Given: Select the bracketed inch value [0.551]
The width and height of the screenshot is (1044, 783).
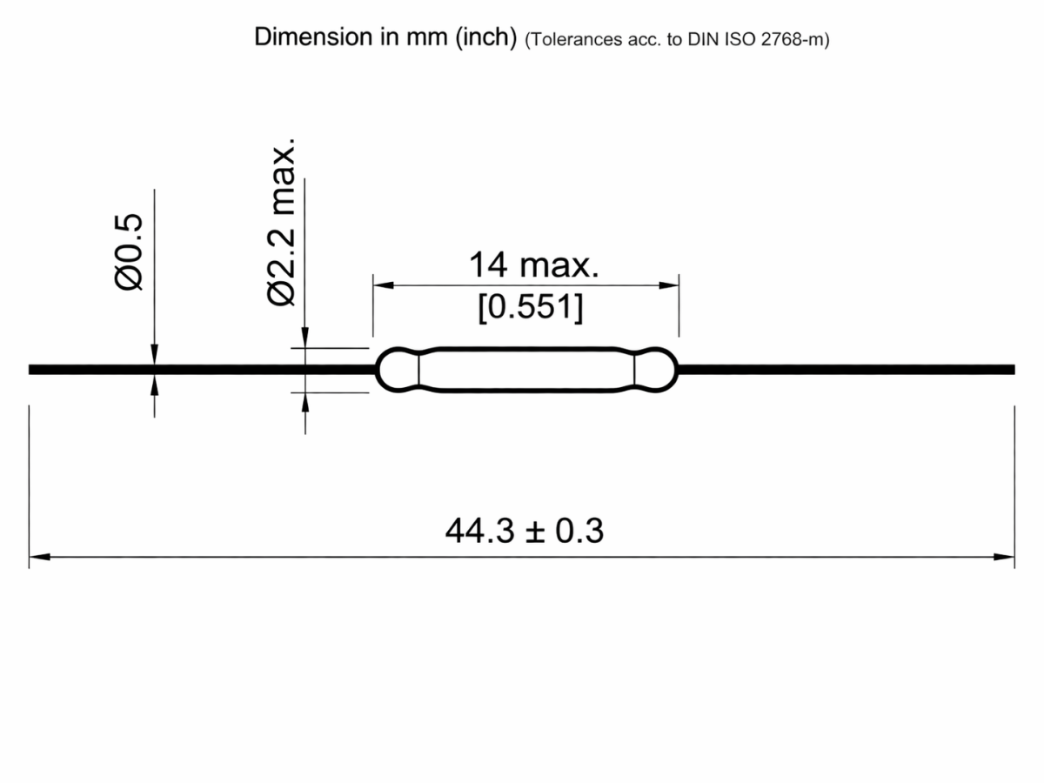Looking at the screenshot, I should point(530,308).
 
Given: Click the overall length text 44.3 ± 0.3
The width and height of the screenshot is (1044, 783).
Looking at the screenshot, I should point(524,531).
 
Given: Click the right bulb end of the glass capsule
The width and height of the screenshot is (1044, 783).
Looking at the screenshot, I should point(656,370).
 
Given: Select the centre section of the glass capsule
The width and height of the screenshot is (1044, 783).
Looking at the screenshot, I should point(526,370).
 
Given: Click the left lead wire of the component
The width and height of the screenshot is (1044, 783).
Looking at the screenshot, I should point(200,370).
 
